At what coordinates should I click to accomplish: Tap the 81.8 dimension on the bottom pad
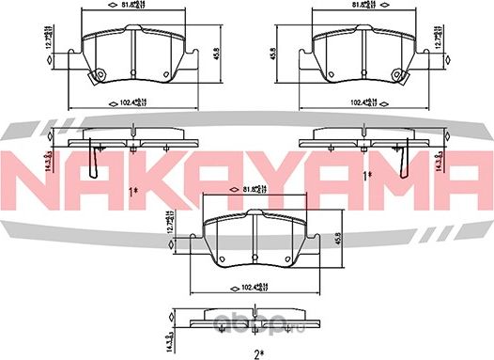[255, 189]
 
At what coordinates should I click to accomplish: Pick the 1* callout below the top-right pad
[368, 175]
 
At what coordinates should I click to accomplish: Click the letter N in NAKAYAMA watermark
[34, 174]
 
